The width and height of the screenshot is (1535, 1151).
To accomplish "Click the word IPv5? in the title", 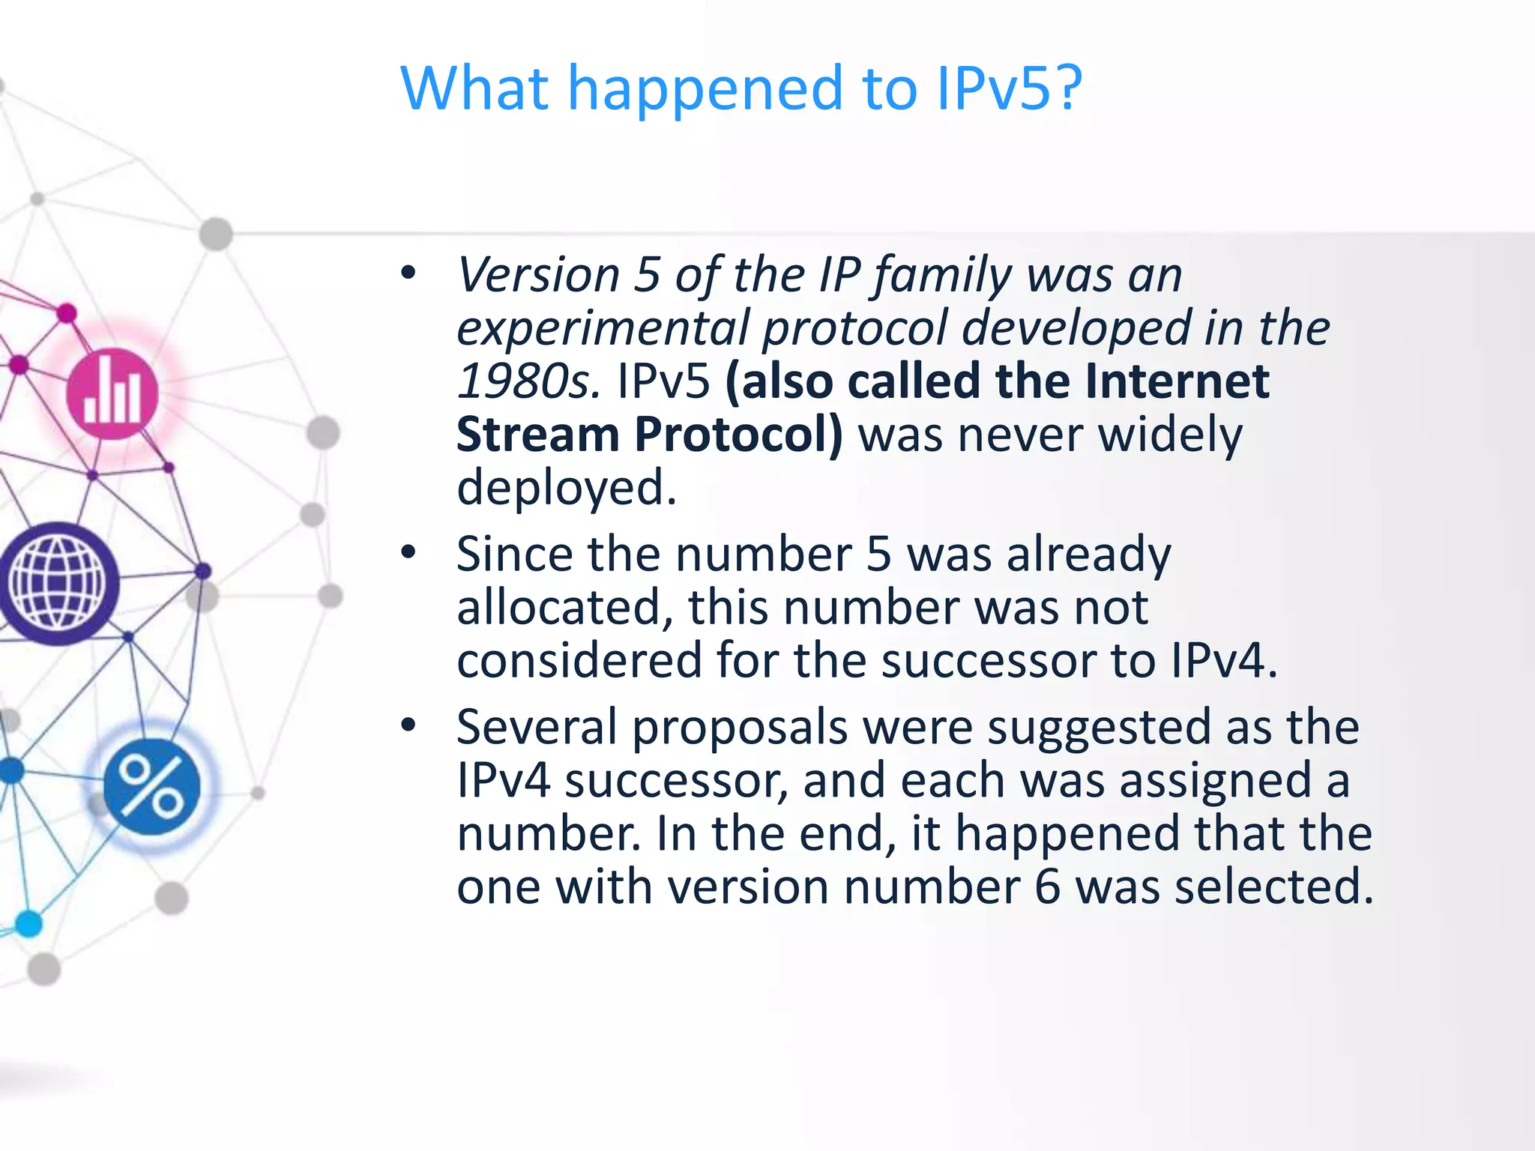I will pyautogui.click(x=1009, y=88).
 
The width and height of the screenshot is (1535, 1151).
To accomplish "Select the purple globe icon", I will pyautogui.click(x=58, y=583).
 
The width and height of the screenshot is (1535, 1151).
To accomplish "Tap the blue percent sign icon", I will pyautogui.click(x=152, y=786).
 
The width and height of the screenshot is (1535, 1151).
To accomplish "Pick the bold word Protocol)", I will pyautogui.click(x=739, y=435).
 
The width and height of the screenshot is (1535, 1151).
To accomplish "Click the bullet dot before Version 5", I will pyautogui.click(x=408, y=274).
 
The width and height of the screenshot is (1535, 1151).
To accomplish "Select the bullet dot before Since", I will pyautogui.click(x=408, y=553).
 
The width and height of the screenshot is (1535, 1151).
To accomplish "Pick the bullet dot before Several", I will pyautogui.click(x=408, y=725).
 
